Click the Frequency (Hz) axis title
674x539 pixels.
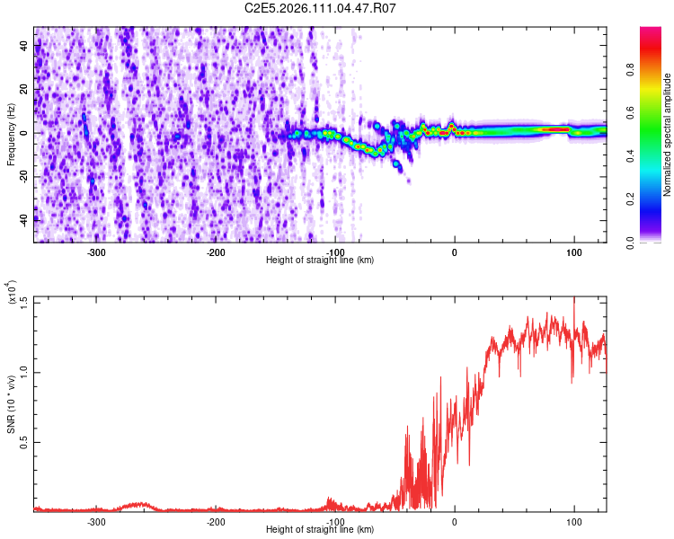[11, 134]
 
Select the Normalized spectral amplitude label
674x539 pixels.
[667, 135]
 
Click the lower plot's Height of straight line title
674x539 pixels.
[320, 530]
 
